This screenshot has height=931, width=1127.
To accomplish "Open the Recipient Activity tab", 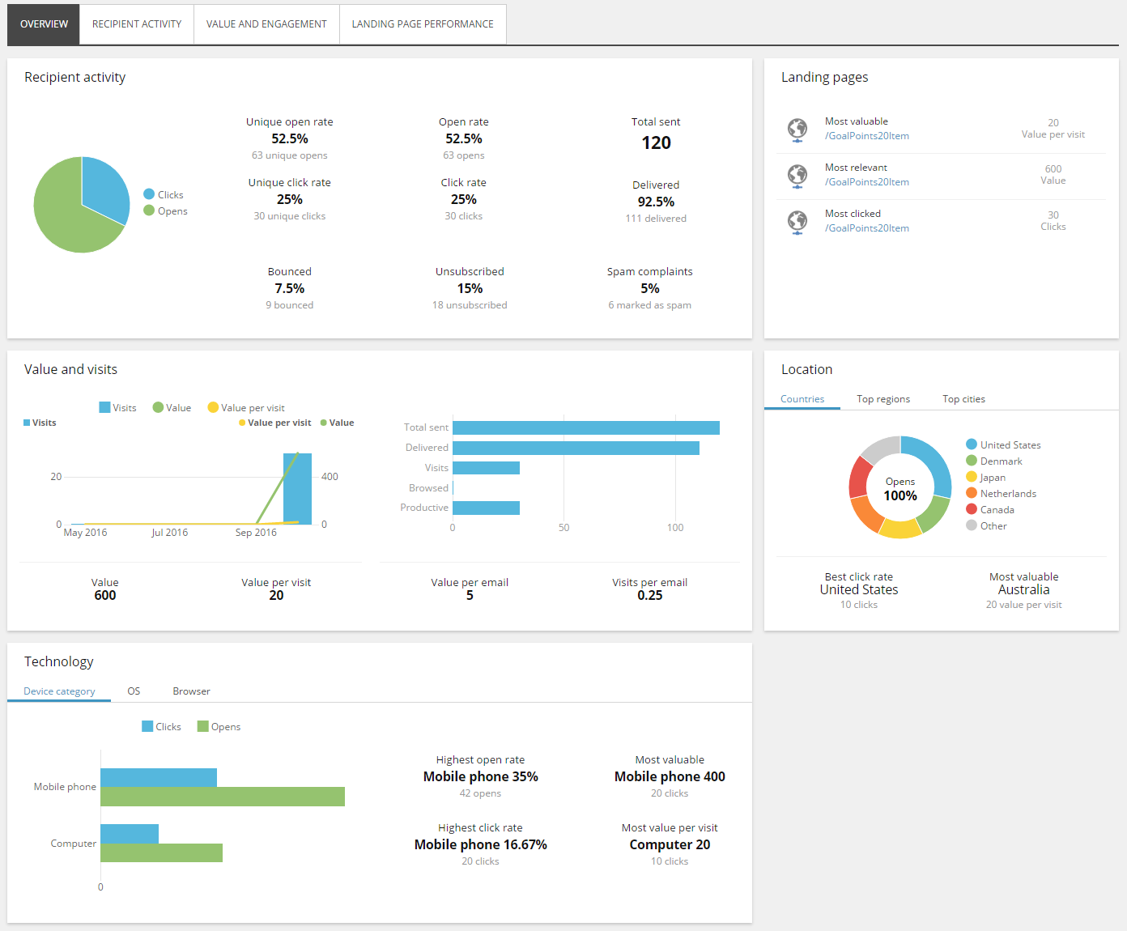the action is click(137, 24).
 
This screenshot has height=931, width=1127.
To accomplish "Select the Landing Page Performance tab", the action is click(423, 24).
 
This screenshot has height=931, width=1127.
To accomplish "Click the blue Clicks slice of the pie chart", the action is click(103, 186).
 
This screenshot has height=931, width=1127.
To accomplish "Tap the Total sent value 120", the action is click(656, 143).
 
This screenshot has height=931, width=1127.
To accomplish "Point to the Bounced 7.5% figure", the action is click(289, 288).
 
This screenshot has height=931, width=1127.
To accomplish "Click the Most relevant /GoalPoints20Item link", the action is click(867, 182).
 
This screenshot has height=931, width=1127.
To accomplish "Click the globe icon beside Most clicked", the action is click(797, 221).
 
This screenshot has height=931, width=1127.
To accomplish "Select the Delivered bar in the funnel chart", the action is click(576, 448).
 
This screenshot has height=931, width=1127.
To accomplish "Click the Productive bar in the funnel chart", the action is click(487, 508).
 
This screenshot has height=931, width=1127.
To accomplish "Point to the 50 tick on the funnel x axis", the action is click(563, 527).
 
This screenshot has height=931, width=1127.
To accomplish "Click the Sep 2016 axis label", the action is click(256, 533).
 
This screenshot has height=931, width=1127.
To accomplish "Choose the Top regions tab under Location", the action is click(883, 399).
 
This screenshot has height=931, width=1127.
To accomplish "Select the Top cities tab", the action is click(963, 399).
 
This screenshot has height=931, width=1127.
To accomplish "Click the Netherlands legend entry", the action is click(1002, 493).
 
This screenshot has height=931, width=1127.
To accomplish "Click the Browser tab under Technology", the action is click(191, 691).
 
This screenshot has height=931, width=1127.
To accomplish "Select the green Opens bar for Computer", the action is click(161, 852).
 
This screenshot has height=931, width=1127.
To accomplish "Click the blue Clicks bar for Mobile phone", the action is click(159, 778).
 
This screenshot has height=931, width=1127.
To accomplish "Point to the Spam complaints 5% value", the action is click(650, 288).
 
